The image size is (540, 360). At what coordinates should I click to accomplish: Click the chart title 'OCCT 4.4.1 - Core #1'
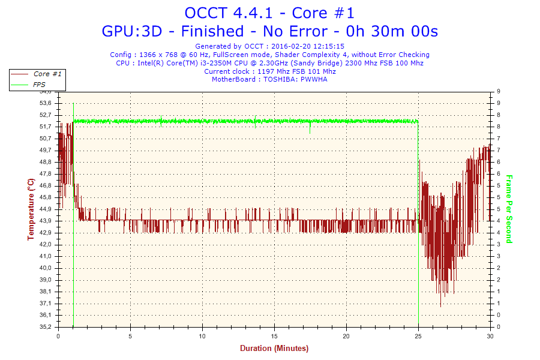pyautogui.click(x=269, y=13)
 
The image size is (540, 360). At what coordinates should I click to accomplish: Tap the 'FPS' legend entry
pyautogui.click(x=39, y=85)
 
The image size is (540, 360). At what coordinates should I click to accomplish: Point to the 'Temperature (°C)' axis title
pyautogui.click(x=31, y=209)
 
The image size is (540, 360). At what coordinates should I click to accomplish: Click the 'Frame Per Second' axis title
pyautogui.click(x=509, y=209)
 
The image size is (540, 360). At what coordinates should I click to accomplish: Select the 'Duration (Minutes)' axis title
pyautogui.click(x=274, y=348)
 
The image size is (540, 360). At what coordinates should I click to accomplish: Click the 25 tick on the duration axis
pyautogui.click(x=418, y=335)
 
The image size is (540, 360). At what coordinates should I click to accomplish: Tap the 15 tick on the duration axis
pyautogui.click(x=274, y=335)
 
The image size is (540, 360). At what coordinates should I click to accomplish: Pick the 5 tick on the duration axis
pyautogui.click(x=130, y=335)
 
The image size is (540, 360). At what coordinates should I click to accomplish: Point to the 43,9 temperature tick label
pyautogui.click(x=46, y=221)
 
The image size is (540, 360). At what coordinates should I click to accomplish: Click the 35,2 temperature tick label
pyautogui.click(x=46, y=327)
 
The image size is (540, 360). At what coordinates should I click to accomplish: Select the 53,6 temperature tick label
pyautogui.click(x=46, y=103)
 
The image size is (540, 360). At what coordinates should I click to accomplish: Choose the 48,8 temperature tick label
pyautogui.click(x=46, y=162)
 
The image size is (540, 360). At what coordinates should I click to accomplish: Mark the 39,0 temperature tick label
pyautogui.click(x=46, y=280)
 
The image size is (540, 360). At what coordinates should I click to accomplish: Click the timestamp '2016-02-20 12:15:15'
pyautogui.click(x=307, y=46)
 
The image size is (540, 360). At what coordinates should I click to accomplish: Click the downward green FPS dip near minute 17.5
pyautogui.click(x=310, y=129)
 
